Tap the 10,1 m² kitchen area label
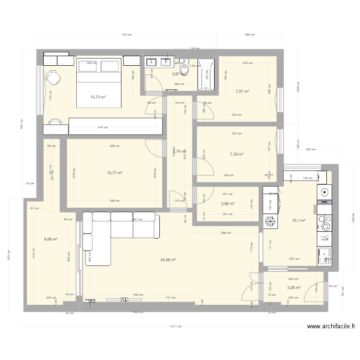[299, 221]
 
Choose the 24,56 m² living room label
[168, 260]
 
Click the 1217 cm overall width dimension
[176, 326]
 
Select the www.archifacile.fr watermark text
[331, 326]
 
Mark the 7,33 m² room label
[237, 154]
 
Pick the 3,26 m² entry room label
[294, 288]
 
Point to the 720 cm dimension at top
[126, 35]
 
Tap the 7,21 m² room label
[242, 91]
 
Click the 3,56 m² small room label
[228, 204]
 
